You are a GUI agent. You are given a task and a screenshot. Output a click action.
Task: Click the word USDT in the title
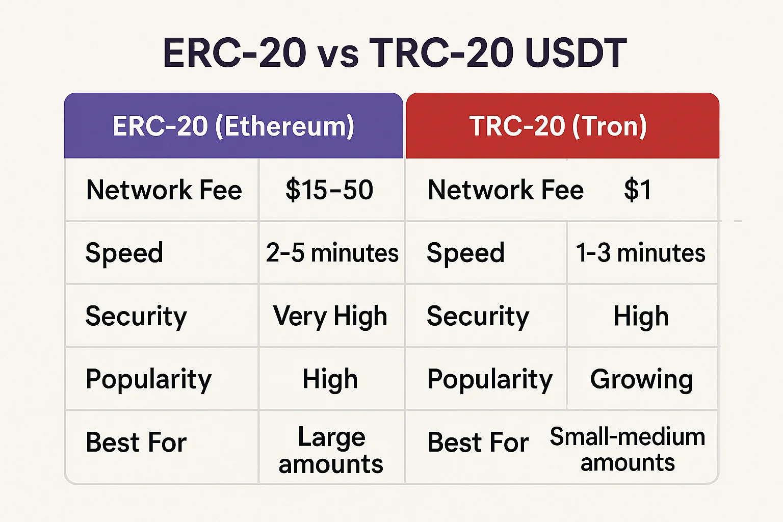[x=576, y=54]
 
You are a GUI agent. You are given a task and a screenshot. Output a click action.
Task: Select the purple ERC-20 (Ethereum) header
[x=233, y=125]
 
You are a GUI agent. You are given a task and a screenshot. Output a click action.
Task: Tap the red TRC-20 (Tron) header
[x=562, y=125]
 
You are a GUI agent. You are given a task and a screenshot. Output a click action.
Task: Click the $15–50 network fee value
[x=329, y=190]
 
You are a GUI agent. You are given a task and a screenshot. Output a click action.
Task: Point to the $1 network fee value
[x=638, y=190]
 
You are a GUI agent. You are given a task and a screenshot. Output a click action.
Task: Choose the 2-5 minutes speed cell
[x=332, y=252]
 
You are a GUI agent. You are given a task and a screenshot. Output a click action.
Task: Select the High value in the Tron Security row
[x=641, y=316]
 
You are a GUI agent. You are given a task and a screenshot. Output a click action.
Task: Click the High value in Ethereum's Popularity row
[x=330, y=379]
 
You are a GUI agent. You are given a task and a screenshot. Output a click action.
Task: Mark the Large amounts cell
[x=331, y=450]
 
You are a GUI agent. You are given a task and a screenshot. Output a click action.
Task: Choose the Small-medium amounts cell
[x=628, y=449]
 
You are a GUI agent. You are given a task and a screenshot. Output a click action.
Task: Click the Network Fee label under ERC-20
[x=164, y=190]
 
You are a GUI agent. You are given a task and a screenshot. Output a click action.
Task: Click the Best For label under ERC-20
[x=136, y=442]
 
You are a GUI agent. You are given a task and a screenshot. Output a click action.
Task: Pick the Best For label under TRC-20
[x=478, y=442]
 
